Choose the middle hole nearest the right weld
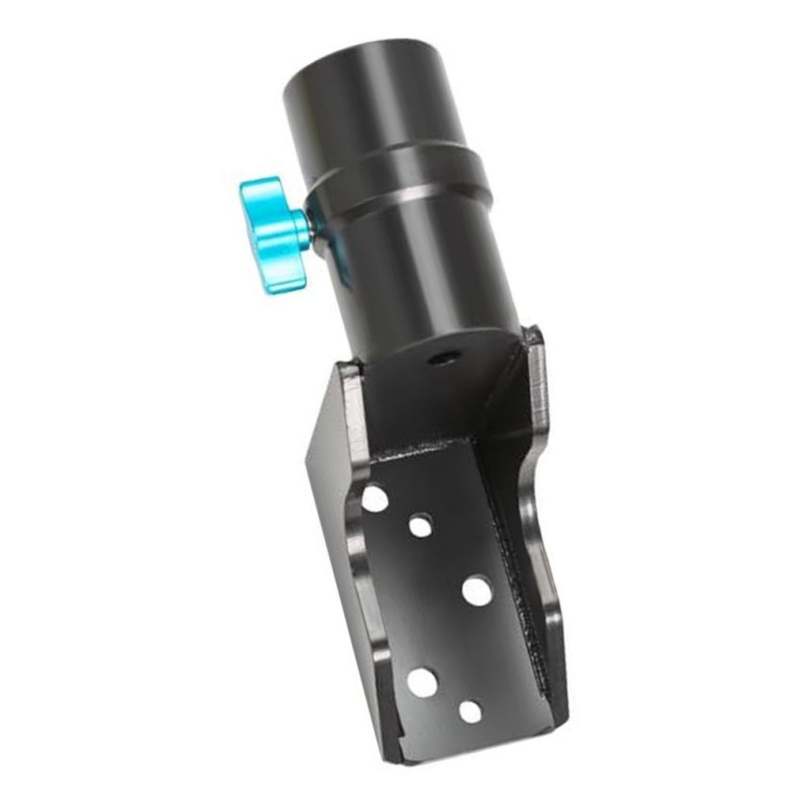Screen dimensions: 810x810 coord(477,591)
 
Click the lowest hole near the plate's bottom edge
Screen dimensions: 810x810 coord(471,712)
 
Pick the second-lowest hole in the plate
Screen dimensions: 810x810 coord(423,682)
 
